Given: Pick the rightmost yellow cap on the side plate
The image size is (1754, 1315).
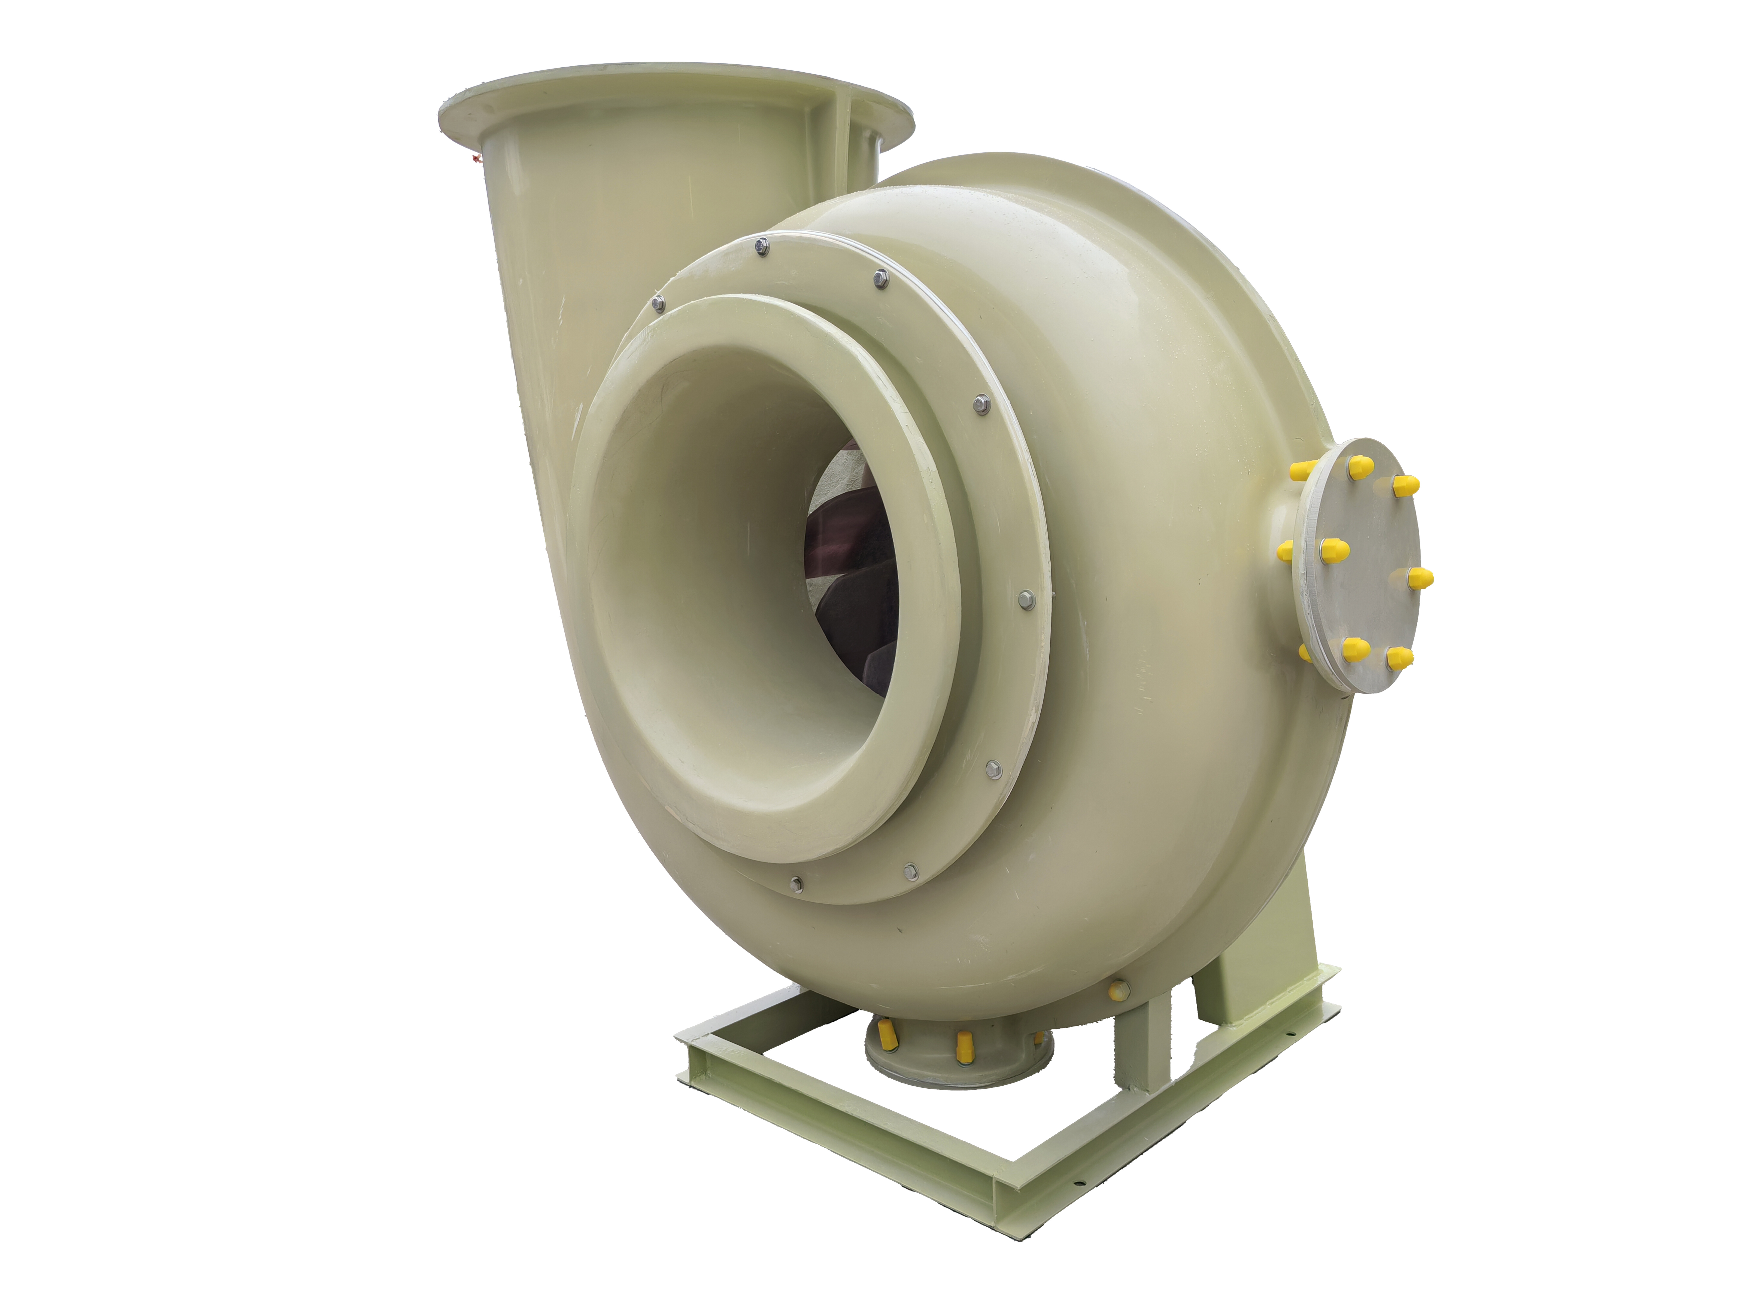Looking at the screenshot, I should [x=1421, y=579].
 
